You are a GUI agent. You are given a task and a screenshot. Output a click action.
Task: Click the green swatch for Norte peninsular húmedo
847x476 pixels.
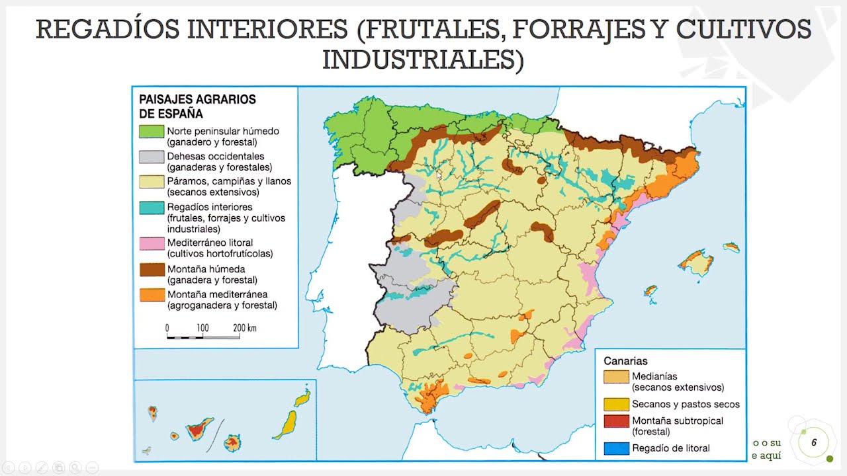tap(152, 131)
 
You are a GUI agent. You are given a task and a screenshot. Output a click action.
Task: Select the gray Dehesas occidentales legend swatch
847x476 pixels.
tap(152, 157)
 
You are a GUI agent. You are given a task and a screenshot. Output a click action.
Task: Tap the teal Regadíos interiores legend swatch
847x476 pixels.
tap(152, 207)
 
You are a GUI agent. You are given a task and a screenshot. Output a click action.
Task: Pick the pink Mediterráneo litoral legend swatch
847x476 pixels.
tap(152, 243)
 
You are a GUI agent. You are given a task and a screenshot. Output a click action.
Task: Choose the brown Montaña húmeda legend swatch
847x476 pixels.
tap(152, 269)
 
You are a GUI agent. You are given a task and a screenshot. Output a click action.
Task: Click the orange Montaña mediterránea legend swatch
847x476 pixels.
tap(152, 295)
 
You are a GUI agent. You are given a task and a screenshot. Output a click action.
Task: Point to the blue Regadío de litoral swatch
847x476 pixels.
tap(615, 448)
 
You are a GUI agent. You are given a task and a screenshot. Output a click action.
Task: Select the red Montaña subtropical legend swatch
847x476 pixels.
tap(615, 421)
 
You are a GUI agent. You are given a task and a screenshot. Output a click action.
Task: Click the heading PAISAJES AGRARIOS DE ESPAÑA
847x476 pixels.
tap(197, 106)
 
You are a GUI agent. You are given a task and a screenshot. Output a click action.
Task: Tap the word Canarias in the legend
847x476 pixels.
tap(625, 361)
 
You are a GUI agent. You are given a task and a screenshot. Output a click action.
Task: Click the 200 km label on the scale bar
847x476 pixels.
tap(244, 328)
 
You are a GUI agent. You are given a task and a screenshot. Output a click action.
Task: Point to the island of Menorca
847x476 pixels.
tap(731, 247)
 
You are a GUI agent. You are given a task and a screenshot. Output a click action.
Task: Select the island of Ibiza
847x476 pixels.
tap(650, 291)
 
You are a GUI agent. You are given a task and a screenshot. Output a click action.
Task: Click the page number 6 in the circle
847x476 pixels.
tap(813, 441)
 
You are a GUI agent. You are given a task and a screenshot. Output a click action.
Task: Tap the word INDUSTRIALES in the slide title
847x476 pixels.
tap(422, 60)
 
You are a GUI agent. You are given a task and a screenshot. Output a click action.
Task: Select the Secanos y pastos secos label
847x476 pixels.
tap(686, 404)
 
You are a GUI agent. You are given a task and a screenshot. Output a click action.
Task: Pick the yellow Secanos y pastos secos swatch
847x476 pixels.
tap(615, 404)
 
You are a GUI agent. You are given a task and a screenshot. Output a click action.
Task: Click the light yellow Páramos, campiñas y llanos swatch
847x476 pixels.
tap(152, 182)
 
